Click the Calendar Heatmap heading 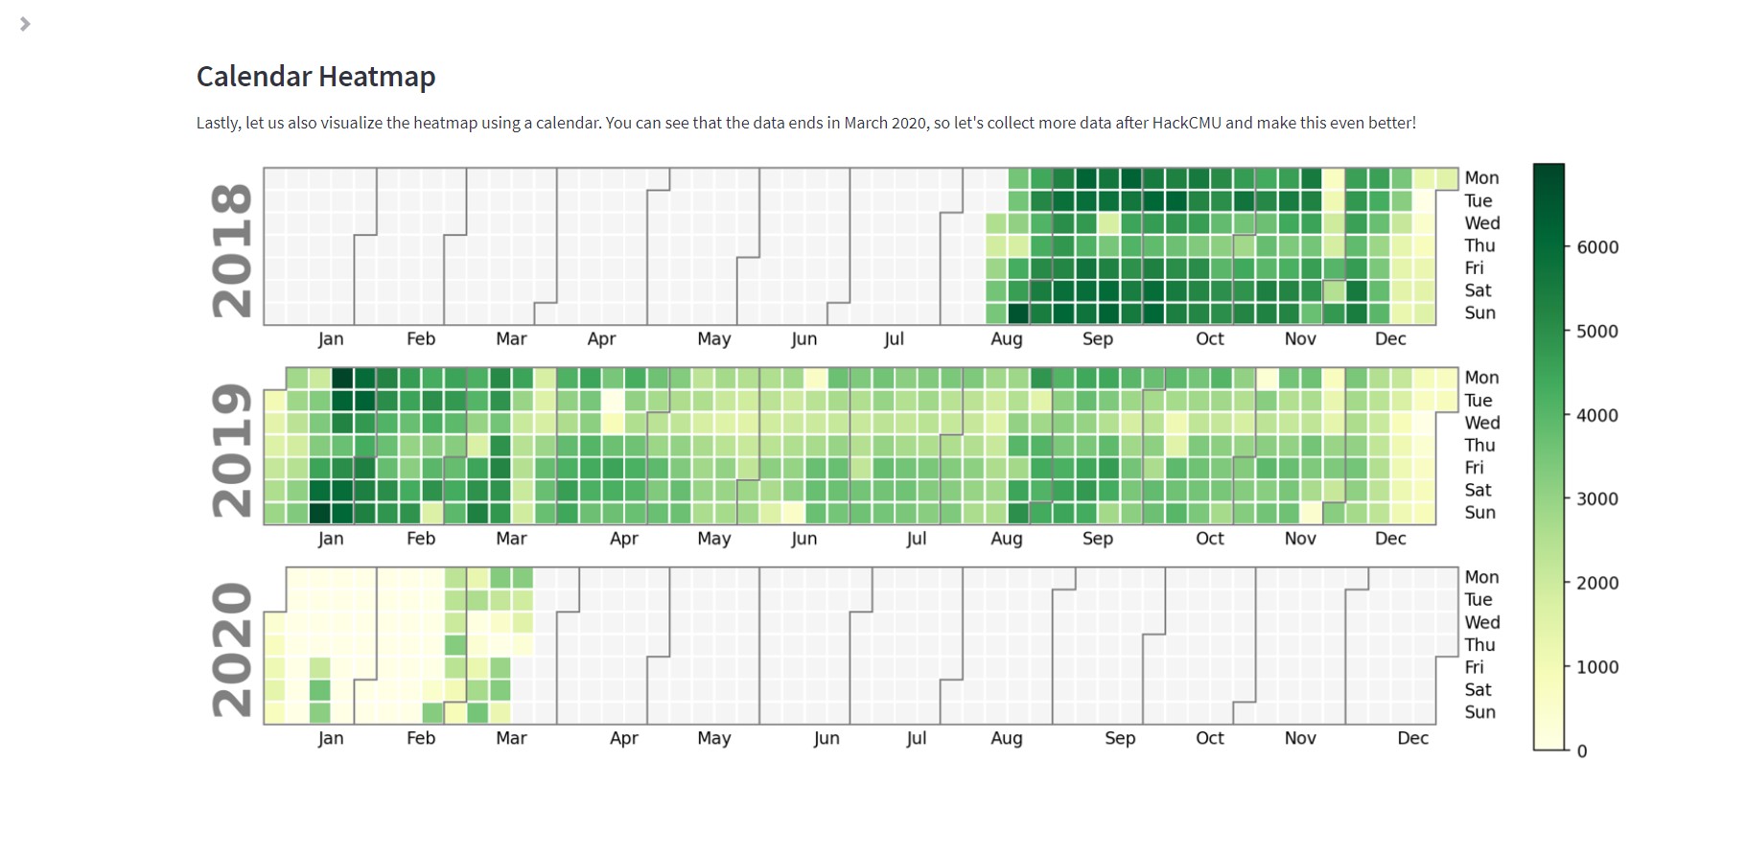(x=315, y=77)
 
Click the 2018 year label (x=232, y=250)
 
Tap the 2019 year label (x=232, y=450)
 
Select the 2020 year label (x=232, y=649)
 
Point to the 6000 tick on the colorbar (x=1596, y=247)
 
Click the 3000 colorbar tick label (x=1596, y=499)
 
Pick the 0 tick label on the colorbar (x=1582, y=751)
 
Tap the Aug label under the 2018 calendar (x=1006, y=339)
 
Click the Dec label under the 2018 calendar (x=1389, y=339)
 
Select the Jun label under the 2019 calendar (x=803, y=539)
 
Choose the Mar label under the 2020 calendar (x=511, y=738)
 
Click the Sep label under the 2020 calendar (x=1119, y=738)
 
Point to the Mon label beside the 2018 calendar (x=1481, y=178)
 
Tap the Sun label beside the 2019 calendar (x=1479, y=513)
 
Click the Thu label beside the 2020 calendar (x=1479, y=645)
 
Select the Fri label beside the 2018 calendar (x=1474, y=268)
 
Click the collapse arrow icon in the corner (x=25, y=24)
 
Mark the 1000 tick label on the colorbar (x=1596, y=667)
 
